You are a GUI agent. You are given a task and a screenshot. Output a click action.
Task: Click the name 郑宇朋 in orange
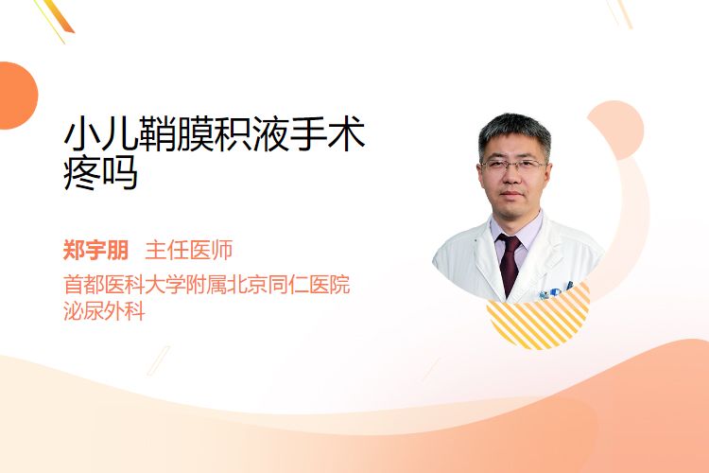pyautogui.click(x=95, y=251)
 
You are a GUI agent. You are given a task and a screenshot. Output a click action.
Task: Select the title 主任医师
pyautogui.click(x=188, y=251)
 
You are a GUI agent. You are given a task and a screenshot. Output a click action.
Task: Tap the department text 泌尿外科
pyautogui.click(x=104, y=311)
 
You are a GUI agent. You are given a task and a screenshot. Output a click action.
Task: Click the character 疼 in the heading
pyautogui.click(x=81, y=172)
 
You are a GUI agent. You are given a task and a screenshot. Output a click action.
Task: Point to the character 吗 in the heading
pyautogui.click(x=120, y=172)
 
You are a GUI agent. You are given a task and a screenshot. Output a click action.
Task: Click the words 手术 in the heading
pyautogui.click(x=327, y=133)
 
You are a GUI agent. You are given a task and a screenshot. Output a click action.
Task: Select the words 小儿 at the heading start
pyautogui.click(x=100, y=133)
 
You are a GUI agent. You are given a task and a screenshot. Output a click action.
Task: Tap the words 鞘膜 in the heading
pyautogui.click(x=177, y=133)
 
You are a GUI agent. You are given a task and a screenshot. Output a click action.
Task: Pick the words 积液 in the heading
pyautogui.click(x=251, y=133)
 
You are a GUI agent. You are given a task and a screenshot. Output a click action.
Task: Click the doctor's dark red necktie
pyautogui.click(x=510, y=263)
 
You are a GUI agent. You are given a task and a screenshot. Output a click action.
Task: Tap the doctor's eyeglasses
pyautogui.click(x=513, y=166)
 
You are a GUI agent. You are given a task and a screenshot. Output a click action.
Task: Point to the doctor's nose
pyautogui.click(x=512, y=177)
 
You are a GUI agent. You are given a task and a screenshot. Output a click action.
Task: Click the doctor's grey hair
pyautogui.click(x=514, y=131)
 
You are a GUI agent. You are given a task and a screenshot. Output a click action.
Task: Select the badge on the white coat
pyautogui.click(x=555, y=292)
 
